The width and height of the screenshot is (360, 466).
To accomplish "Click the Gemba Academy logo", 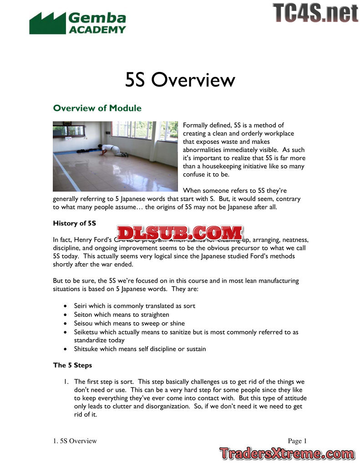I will pyautogui.click(x=77, y=23).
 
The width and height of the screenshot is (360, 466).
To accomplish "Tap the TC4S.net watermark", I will pyautogui.click(x=315, y=13).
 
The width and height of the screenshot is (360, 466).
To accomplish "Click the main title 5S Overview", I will pyautogui.click(x=180, y=80).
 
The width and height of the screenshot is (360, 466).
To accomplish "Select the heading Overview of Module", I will pyautogui.click(x=97, y=108).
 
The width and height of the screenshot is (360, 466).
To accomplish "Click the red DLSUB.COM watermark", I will pyautogui.click(x=180, y=233).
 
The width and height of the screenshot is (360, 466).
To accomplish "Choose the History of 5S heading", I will pyautogui.click(x=74, y=223).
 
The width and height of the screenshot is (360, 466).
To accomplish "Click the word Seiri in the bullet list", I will pyautogui.click(x=81, y=306).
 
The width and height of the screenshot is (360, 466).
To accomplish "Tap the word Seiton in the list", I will pyautogui.click(x=83, y=314).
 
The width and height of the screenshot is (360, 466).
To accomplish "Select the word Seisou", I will pyautogui.click(x=84, y=323).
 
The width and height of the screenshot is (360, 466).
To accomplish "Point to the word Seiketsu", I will pyautogui.click(x=86, y=332).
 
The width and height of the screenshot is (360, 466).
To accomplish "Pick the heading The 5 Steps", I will pyautogui.click(x=73, y=365).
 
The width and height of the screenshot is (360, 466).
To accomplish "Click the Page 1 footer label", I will pyautogui.click(x=297, y=441).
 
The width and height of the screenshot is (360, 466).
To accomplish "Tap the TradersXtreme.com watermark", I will pyautogui.click(x=286, y=453).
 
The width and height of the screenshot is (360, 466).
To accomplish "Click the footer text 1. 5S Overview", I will pyautogui.click(x=75, y=441).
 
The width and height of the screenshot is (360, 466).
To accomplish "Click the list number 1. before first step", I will pyautogui.click(x=67, y=382).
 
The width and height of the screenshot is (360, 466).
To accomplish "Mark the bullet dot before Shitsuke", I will pyautogui.click(x=67, y=349).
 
